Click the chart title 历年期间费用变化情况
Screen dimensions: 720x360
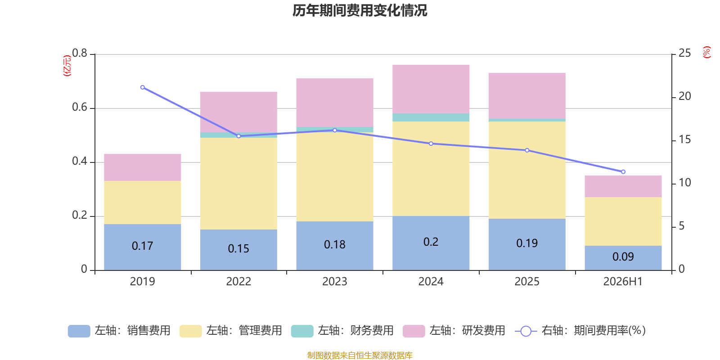coord(360,11)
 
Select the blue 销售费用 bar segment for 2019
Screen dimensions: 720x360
coord(142,247)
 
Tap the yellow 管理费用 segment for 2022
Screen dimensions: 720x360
coord(238,184)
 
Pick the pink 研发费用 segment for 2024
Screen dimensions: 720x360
coord(431,89)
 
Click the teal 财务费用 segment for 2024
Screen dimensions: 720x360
coord(431,117)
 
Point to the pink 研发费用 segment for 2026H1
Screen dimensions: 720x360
coord(623,186)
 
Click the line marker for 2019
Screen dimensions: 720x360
coord(142,87)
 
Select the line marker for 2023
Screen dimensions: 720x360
coord(335,130)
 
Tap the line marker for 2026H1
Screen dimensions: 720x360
coord(623,172)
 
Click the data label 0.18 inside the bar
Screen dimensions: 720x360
coord(335,245)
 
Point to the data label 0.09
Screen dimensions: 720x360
coord(623,256)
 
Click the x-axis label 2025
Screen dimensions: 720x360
coord(527,282)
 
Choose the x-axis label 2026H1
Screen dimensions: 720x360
coord(623,282)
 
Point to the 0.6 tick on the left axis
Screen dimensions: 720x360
coord(80,108)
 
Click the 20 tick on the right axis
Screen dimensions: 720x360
coord(684,96)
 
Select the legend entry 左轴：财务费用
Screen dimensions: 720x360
coord(342,331)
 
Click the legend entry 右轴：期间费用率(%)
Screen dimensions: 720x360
coord(580,331)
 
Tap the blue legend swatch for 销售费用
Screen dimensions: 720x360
coord(79,331)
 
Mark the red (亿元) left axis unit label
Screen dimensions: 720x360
coord(67,66)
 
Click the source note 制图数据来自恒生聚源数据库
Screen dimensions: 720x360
coord(360,355)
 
